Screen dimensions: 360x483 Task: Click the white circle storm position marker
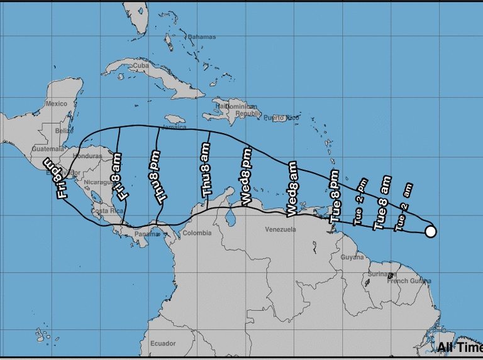tap(431, 232)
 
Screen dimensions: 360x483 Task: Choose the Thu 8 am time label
tap(207, 178)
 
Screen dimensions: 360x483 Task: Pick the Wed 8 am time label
tap(291, 189)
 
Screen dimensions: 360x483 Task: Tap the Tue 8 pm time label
tap(335, 197)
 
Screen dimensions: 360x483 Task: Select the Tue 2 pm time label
tap(360, 201)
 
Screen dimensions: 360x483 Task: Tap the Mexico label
tap(56, 104)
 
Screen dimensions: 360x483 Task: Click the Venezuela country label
tap(280, 229)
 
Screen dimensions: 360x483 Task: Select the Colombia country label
tap(197, 233)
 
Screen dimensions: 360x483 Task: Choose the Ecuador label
tap(162, 344)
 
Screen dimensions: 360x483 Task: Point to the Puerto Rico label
tap(279, 117)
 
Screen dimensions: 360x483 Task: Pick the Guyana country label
tap(353, 257)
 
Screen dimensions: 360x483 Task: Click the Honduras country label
tap(88, 156)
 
